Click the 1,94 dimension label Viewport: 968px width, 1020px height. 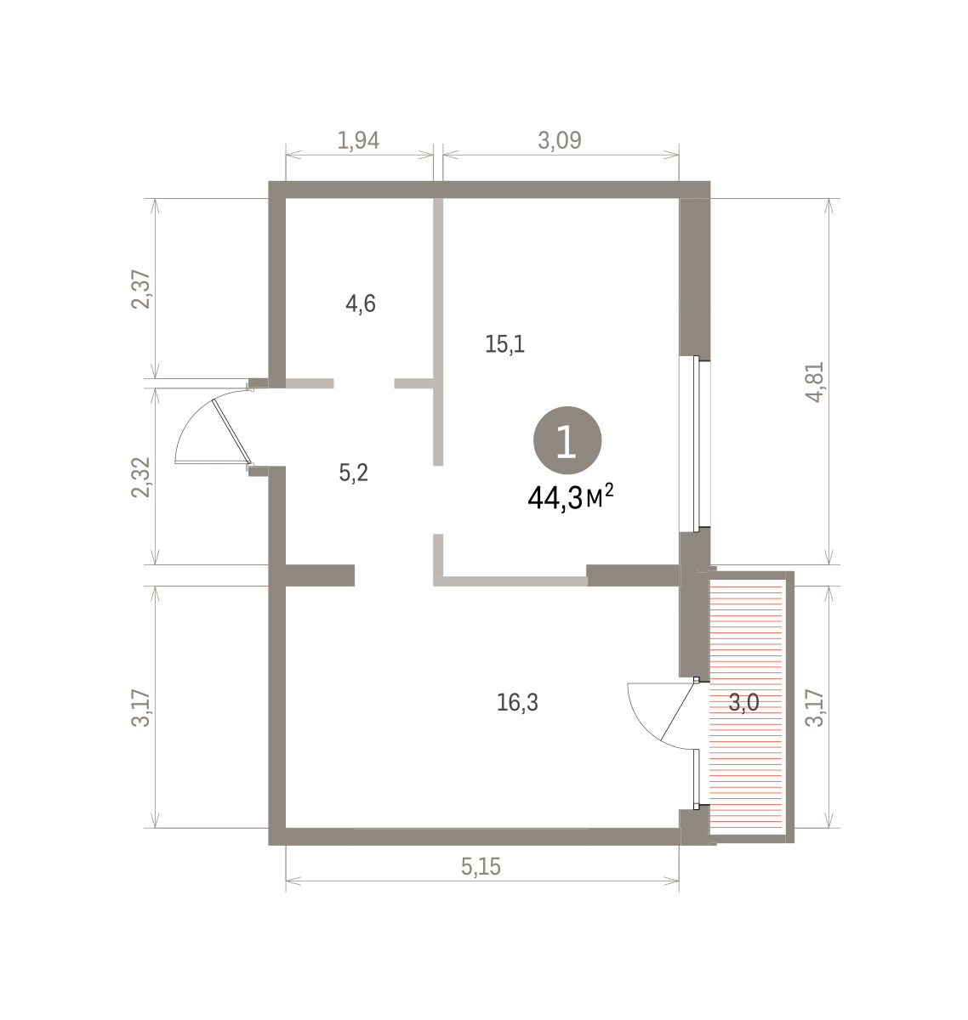pos(358,140)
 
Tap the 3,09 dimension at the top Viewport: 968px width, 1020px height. pos(560,140)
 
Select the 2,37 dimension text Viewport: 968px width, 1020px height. pos(140,290)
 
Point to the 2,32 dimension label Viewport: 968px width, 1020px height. pos(140,477)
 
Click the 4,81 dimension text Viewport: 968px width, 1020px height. pos(814,382)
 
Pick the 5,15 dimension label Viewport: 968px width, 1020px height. pos(481,866)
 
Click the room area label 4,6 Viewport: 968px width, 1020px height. pos(361,303)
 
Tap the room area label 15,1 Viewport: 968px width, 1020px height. pos(504,344)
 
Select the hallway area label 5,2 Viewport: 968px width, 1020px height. pos(354,473)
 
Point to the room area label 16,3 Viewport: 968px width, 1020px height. pos(517,703)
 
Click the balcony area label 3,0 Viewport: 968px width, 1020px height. pos(743,703)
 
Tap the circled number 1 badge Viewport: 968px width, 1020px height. pos(567,440)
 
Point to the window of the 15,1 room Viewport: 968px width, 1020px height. pos(695,444)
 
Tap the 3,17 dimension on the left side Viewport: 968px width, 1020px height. pos(140,707)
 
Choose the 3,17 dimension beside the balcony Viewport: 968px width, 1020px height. pos(814,707)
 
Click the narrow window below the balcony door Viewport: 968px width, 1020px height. pos(697,779)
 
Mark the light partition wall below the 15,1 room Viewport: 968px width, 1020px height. pos(510,581)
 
